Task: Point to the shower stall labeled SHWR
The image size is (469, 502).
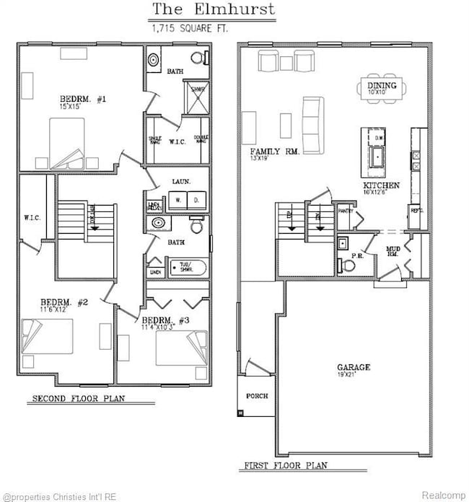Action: [198, 95]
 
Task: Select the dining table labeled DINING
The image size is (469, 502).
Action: [382, 89]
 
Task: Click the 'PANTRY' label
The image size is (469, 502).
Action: [346, 211]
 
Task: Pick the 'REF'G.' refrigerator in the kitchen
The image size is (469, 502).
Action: [416, 211]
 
